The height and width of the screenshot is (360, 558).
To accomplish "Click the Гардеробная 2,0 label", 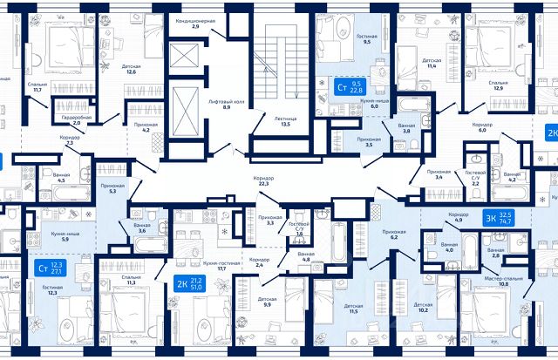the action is (76, 120).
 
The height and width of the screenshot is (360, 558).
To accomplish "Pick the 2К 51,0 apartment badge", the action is (193, 282).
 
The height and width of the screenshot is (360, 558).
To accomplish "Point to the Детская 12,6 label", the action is (131, 69).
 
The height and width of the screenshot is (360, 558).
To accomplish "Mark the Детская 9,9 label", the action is (267, 302).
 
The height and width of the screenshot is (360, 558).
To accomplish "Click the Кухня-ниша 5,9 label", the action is (55, 236).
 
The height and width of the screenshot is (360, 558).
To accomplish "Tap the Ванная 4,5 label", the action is (61, 178).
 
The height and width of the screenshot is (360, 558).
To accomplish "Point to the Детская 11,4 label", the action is (432, 62).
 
